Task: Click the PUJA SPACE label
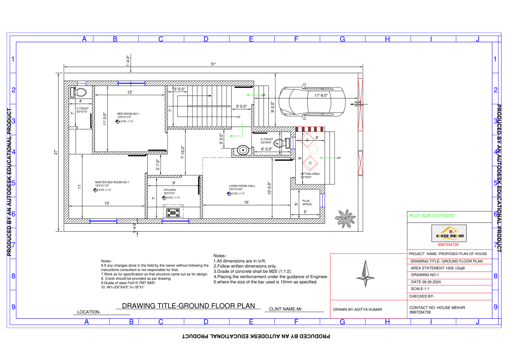[x=307, y=203]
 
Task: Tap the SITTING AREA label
[x=310, y=175]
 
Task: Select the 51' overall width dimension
[x=213, y=64]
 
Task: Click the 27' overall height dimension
[x=56, y=153]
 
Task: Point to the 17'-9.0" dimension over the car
[x=321, y=95]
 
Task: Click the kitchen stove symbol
[x=173, y=212]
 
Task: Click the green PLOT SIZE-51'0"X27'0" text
[x=432, y=216]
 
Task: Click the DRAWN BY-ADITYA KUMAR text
[x=358, y=310]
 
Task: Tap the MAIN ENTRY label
[x=358, y=104]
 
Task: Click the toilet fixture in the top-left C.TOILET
[x=80, y=92]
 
